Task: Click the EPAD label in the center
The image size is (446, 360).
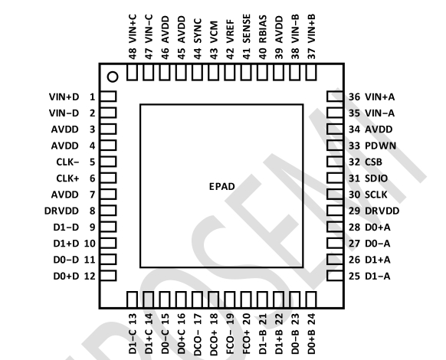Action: [x=222, y=187]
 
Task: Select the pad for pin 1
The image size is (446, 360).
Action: [x=108, y=97]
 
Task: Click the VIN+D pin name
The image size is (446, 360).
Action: [x=64, y=97]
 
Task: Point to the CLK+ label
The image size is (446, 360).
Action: [x=67, y=178]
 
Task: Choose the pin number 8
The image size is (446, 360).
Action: [x=92, y=211]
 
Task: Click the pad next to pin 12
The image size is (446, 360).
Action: [x=108, y=276]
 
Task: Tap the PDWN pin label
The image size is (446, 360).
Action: [x=380, y=146]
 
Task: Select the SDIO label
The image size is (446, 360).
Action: [x=376, y=178]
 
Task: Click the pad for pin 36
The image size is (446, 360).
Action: [x=335, y=97]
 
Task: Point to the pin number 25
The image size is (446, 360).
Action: [x=354, y=276]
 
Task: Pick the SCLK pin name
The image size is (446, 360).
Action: [x=375, y=195]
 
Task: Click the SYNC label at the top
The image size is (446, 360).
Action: [x=198, y=31]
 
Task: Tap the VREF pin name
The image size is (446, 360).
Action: [x=230, y=31]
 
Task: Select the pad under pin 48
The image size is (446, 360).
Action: [x=132, y=72]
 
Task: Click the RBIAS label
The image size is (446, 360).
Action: [x=263, y=29]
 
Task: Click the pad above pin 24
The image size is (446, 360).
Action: [x=311, y=299]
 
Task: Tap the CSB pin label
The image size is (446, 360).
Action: [x=373, y=162]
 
